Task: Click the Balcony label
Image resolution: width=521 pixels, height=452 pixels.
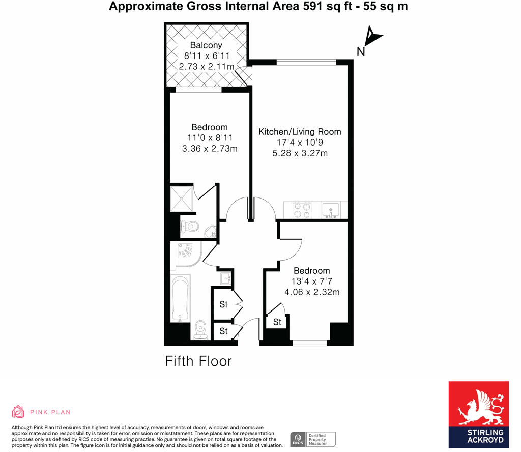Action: pos(206,45)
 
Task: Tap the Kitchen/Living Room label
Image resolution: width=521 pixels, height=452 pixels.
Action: pos(300,132)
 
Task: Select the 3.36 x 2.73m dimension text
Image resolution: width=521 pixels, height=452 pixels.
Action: pos(210,149)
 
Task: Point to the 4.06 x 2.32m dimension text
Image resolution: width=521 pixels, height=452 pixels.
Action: pos(312,292)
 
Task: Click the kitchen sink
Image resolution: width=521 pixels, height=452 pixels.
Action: pos(331,210)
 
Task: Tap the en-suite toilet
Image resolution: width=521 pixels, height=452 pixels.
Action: pos(190,227)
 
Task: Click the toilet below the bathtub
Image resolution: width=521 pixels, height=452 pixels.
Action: pos(200,329)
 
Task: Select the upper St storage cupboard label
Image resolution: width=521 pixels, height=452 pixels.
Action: pos(223,305)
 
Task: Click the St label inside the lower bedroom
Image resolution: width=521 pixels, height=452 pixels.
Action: pos(277,322)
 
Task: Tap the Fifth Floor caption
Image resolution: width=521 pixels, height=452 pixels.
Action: pos(198,361)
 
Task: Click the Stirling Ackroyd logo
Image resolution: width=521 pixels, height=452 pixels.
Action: pos(478,414)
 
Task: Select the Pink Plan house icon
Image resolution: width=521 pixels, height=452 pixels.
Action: pos(18,412)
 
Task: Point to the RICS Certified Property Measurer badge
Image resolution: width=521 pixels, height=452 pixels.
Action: pos(313,439)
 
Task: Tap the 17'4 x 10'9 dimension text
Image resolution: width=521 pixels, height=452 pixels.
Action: pos(299,143)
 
